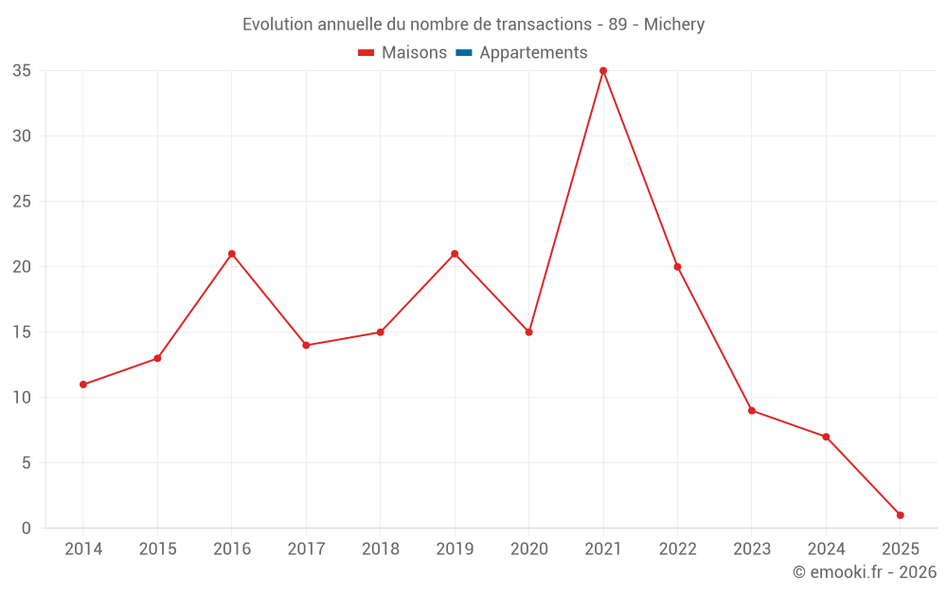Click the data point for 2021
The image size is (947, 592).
pos(603,71)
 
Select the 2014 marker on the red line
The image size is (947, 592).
pos(83,385)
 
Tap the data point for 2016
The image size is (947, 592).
pos(232,254)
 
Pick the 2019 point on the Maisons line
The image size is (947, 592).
pos(455,254)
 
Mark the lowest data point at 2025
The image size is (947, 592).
pos(900,515)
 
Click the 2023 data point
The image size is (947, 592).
pos(751,410)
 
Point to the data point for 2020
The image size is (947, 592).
pos(528,332)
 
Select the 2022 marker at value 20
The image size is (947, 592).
pos(677,267)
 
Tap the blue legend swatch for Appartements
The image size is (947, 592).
pos(464,53)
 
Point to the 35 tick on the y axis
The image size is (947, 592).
pos(22,71)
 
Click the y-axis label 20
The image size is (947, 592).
pos(22,267)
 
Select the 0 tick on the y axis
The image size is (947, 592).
pos(27,529)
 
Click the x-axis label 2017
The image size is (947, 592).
pos(306,549)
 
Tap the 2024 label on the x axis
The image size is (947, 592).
pos(826,549)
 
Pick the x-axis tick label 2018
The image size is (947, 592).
pos(380,549)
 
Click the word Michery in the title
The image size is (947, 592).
pos(674,25)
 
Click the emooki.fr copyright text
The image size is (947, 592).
pos(865,572)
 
